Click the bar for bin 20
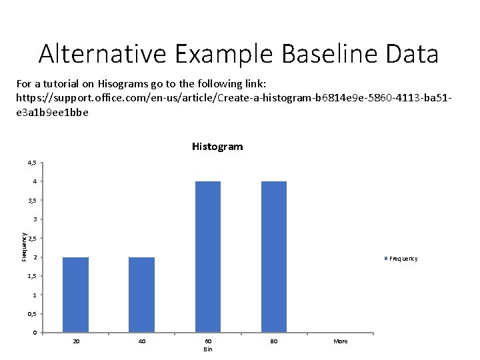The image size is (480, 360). (x=75, y=295)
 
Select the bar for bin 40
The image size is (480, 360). (x=141, y=295)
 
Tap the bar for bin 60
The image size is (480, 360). (x=207, y=257)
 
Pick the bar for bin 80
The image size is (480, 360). (x=273, y=257)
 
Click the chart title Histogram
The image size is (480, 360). (x=217, y=147)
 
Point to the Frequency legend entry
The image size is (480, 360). (x=402, y=259)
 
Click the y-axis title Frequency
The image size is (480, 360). (x=23, y=247)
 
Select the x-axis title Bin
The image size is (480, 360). (x=208, y=349)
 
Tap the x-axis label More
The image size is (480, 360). (x=340, y=341)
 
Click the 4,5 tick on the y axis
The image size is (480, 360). (x=32, y=163)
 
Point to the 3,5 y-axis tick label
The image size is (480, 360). (x=32, y=201)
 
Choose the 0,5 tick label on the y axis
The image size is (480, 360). (x=32, y=314)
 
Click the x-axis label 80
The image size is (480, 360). (x=273, y=341)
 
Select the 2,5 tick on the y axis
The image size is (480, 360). (x=32, y=239)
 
